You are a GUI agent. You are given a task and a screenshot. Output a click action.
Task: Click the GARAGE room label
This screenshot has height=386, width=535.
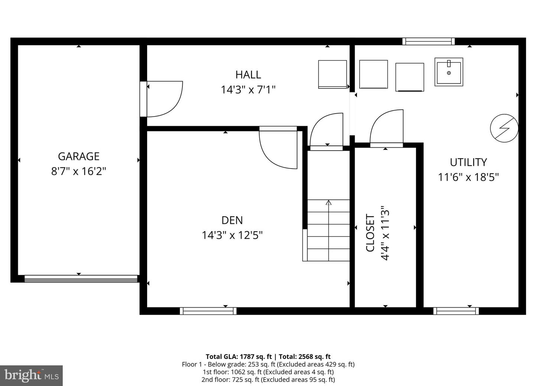[78, 156]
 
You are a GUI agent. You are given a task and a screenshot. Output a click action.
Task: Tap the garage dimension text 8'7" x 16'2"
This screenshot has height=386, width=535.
[78, 171]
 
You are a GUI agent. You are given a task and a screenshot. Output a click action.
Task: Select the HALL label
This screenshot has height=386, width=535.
[248, 75]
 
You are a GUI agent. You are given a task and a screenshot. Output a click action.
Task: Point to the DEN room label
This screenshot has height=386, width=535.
[232, 220]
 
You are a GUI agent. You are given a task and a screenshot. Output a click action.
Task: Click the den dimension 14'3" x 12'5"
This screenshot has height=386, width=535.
[232, 235]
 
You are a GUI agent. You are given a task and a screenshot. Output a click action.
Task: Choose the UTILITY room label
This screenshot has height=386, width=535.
[468, 162]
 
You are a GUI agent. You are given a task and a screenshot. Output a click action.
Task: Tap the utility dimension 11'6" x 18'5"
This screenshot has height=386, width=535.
[468, 177]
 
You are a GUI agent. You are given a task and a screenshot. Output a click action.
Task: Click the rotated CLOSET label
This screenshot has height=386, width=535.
[370, 233]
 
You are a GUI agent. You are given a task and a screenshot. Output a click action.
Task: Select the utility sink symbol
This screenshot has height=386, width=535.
[449, 72]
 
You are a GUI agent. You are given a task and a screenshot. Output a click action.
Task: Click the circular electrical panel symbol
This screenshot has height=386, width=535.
[504, 128]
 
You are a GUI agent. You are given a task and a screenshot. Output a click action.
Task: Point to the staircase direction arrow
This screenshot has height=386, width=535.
[328, 203]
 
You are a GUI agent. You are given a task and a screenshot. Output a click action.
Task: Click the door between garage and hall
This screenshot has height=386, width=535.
[163, 98]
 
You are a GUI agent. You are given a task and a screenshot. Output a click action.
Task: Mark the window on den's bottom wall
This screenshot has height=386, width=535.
[208, 311]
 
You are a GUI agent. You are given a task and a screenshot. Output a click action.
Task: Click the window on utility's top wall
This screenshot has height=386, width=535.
[428, 41]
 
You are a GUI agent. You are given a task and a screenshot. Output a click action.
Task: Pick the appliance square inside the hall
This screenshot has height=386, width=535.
[333, 74]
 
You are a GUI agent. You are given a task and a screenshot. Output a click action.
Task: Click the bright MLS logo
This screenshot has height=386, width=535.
[31, 376]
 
